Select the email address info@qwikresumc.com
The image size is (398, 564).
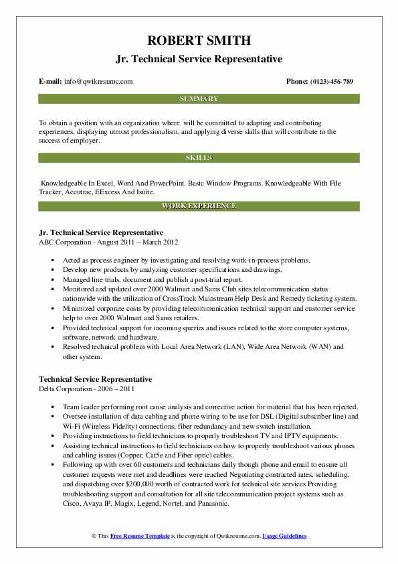point(98,82)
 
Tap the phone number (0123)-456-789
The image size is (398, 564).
point(329,82)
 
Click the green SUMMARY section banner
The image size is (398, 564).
point(199,99)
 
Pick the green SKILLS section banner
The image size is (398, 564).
point(199,158)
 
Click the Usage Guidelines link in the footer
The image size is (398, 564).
point(284,537)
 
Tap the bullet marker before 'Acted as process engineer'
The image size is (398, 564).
point(52,259)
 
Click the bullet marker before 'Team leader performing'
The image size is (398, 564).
point(52,406)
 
